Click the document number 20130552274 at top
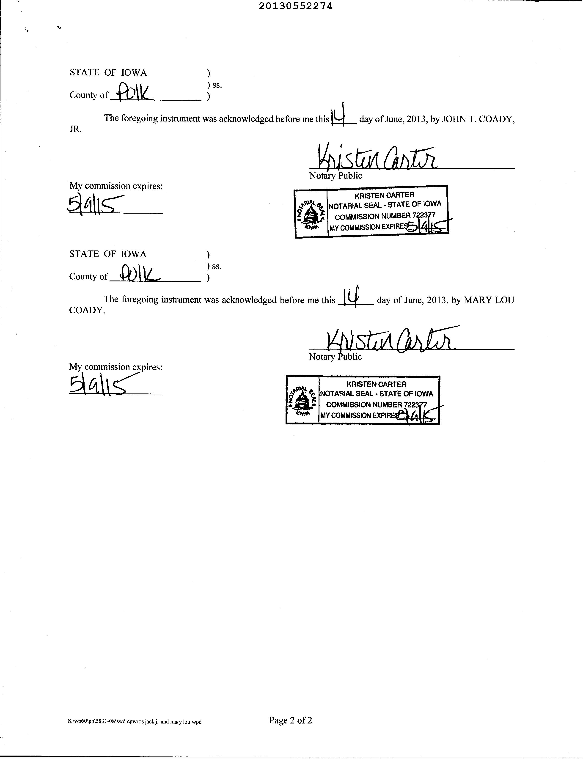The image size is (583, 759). pyautogui.click(x=295, y=6)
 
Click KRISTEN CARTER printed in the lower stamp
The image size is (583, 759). pyautogui.click(x=376, y=384)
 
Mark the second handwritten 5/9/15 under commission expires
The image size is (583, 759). pyautogui.click(x=97, y=386)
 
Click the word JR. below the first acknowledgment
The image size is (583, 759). pyautogui.click(x=76, y=129)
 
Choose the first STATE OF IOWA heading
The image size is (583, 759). pyautogui.click(x=108, y=73)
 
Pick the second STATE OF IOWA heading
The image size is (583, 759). pyautogui.click(x=108, y=254)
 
